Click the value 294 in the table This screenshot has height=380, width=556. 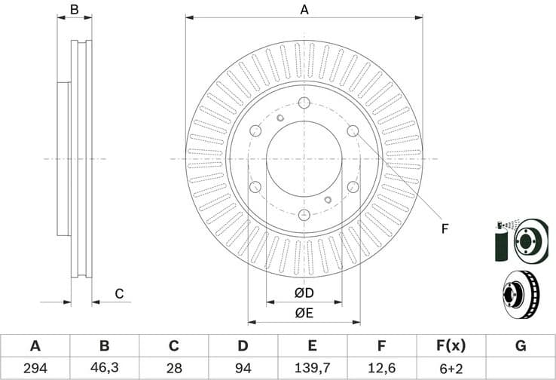35,368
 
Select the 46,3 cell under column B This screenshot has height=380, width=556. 104,368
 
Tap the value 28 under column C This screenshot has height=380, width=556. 173,368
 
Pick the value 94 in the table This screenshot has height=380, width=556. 243,368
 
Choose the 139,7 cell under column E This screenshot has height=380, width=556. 312,368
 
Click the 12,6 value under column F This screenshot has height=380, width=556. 381,368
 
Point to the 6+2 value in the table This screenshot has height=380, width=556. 451,368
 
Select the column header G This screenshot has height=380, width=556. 520,346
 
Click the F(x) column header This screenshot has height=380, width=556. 451,346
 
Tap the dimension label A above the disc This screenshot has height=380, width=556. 304,10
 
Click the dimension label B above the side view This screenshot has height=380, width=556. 74,10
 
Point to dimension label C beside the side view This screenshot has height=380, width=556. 118,294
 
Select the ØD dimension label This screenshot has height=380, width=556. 304,293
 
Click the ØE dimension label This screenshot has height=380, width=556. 304,313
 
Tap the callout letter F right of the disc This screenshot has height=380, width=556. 444,228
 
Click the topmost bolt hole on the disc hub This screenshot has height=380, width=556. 304,103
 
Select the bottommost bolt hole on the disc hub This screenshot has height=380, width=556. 304,214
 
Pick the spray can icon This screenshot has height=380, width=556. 501,242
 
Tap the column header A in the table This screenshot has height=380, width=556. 35,346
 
